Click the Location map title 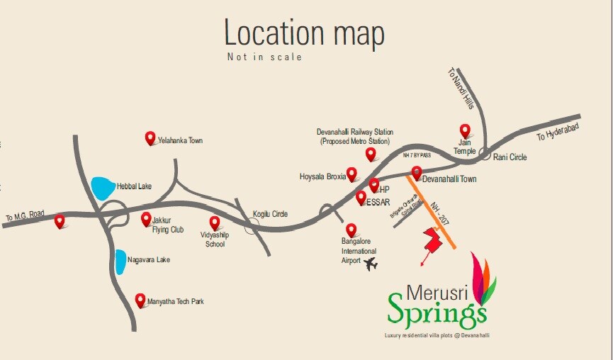[305, 33]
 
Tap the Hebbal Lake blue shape [103, 188]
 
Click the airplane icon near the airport [370, 264]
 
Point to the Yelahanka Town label [180, 140]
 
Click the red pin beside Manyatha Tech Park [140, 300]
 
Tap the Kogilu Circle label [270, 214]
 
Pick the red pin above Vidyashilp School [215, 223]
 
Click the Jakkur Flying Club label [167, 225]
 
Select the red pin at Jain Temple [465, 130]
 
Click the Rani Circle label [510, 157]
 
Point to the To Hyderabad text [557, 132]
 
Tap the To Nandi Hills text [459, 88]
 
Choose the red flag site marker [433, 240]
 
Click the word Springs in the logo [437, 309]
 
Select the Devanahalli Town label [449, 179]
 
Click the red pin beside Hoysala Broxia [352, 174]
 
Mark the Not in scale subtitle [264, 57]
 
